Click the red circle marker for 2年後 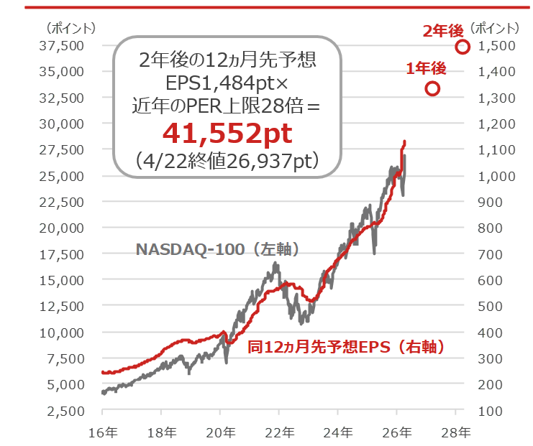[463, 47]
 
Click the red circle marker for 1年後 [432, 88]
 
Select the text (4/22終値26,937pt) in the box [227, 160]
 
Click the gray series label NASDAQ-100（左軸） [217, 249]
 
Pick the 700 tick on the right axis [496, 254]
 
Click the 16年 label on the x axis [102, 432]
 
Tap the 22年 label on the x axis [279, 432]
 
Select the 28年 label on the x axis [455, 432]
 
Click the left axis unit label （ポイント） [70, 29]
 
